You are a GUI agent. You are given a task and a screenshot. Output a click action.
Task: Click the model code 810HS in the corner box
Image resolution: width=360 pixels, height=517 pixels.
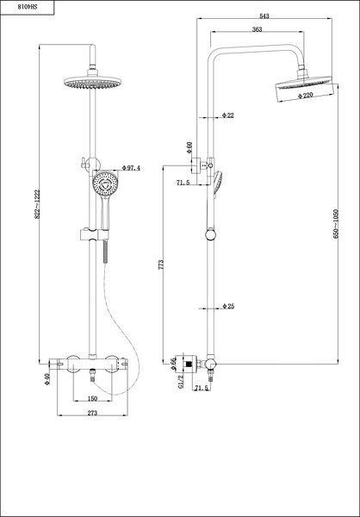(28, 7)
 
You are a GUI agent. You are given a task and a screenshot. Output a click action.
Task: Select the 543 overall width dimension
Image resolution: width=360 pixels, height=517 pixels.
(264, 16)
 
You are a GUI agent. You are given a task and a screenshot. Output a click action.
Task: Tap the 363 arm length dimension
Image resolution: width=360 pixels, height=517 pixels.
(258, 29)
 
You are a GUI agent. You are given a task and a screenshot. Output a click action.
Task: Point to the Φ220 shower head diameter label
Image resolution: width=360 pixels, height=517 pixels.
(305, 96)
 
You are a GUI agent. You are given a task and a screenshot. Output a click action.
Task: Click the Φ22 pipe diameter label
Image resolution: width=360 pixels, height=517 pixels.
(228, 115)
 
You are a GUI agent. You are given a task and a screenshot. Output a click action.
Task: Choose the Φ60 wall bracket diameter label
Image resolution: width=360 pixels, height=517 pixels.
(189, 147)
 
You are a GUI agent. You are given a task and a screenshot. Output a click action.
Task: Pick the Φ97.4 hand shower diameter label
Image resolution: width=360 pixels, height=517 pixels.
(131, 168)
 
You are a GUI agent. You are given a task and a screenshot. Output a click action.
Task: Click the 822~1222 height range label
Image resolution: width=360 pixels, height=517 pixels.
(37, 203)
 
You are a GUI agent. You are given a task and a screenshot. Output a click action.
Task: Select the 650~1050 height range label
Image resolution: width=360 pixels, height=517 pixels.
(336, 223)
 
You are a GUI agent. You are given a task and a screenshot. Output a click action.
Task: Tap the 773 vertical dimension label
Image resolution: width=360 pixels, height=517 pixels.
(161, 265)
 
